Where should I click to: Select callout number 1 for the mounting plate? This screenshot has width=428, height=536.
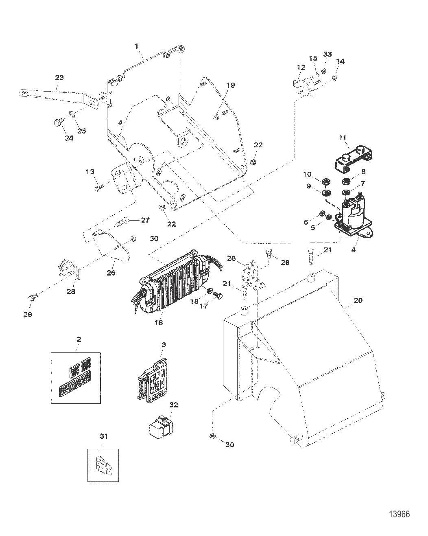137,47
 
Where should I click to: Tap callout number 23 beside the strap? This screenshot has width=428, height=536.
59,77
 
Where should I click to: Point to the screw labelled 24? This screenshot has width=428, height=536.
58,122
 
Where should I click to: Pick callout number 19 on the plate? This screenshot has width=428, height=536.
231,85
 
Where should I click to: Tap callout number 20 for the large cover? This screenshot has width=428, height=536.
358,300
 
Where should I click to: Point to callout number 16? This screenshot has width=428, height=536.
158,323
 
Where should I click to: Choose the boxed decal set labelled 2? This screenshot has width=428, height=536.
75,377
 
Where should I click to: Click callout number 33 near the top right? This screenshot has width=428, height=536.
328,55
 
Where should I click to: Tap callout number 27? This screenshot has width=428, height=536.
145,220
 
